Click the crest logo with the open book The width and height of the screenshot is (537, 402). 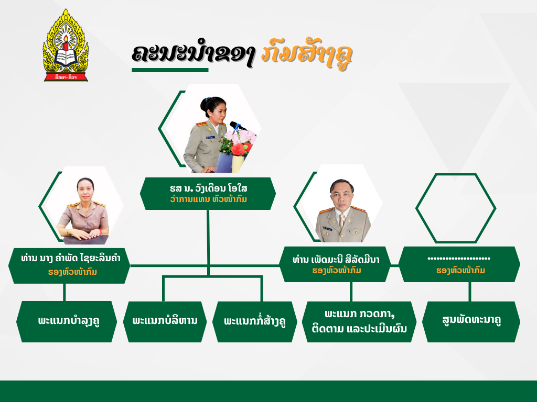coord(66,46)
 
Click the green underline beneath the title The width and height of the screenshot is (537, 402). coord(170,70)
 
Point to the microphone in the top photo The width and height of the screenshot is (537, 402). coord(237,126)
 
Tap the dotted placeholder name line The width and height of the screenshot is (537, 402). coord(459,259)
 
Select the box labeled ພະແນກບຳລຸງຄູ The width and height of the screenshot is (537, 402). coord(67,321)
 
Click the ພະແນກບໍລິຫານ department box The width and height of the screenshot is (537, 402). coord(165,321)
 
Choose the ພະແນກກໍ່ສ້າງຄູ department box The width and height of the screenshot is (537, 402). coord(254,321)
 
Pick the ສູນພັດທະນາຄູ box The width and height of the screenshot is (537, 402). coord(471,321)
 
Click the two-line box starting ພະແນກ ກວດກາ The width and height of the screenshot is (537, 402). coord(359,321)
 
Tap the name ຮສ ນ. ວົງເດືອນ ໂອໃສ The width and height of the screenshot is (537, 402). coord(209,188)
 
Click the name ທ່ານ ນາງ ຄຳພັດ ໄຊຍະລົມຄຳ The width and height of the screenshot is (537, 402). coord(71,258)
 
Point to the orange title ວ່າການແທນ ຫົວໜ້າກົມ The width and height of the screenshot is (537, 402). coord(209,199)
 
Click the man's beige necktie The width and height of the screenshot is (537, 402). coord(341,221)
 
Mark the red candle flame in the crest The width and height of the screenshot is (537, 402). coord(66,39)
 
